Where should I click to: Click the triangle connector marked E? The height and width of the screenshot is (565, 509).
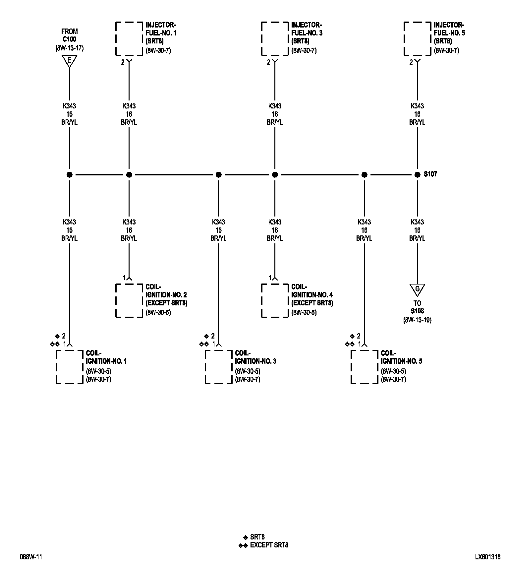coord(69,61)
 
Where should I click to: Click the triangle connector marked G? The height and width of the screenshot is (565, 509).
coord(417,289)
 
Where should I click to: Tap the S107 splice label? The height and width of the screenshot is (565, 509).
coord(430,174)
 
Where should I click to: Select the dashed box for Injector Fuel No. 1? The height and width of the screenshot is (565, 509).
coord(129,39)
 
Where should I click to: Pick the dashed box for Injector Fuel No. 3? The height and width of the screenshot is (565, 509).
coord(275,39)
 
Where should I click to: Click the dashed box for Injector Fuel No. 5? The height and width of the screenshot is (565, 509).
coord(417,39)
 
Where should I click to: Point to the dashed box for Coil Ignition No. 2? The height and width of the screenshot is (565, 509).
coord(129,300)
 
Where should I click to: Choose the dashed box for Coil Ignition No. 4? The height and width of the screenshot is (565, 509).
coord(275,300)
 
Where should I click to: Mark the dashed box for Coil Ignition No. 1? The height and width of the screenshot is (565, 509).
coord(69,367)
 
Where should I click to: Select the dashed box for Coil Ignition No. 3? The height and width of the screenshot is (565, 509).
coord(218,367)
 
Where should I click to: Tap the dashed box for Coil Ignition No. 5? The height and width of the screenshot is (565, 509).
coord(364,367)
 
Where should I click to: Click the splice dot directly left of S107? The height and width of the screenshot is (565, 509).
coord(417,175)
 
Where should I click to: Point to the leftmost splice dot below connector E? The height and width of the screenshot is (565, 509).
coord(69,175)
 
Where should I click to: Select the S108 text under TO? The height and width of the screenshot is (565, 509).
coord(417,311)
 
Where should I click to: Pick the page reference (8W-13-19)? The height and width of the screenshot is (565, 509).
coord(417,320)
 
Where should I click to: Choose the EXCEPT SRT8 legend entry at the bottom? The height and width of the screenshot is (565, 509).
coord(269,545)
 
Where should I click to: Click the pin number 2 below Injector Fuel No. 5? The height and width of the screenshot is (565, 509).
coord(411,62)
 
